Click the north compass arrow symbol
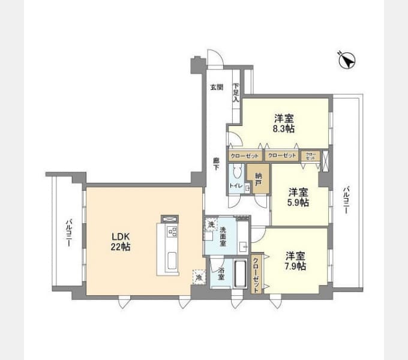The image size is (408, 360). (347, 60)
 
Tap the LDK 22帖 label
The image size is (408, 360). (121, 241)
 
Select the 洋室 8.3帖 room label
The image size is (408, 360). (284, 123)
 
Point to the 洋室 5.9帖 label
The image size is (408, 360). (298, 197)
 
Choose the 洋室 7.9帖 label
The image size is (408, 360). (295, 260)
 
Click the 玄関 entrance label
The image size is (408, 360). (216, 88)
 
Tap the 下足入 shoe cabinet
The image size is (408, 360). (236, 92)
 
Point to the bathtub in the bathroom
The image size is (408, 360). (240, 275)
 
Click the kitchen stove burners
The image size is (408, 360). (172, 232)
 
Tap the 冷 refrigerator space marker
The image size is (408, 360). (197, 278)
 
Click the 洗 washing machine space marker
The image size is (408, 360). (211, 224)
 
